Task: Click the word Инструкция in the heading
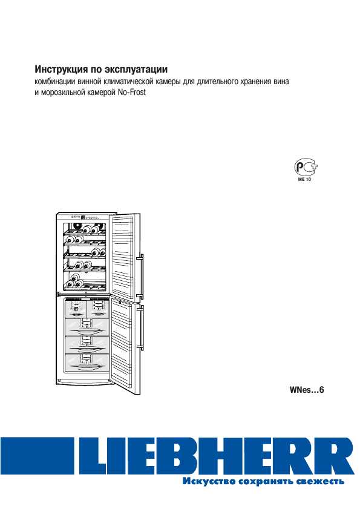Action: pyautogui.click(x=61, y=70)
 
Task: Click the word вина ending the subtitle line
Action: pyautogui.click(x=281, y=82)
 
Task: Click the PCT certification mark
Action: pyautogui.click(x=306, y=167)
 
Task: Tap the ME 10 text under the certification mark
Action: pyautogui.click(x=305, y=179)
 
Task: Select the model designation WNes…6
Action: pyautogui.click(x=307, y=390)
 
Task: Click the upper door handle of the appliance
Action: pyautogui.click(x=141, y=277)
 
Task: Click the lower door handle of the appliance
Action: pyautogui.click(x=141, y=327)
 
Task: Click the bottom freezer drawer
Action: pyautogui.click(x=87, y=363)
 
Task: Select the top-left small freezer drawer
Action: pyautogui.click(x=76, y=309)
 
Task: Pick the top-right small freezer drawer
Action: pyautogui.click(x=97, y=309)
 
